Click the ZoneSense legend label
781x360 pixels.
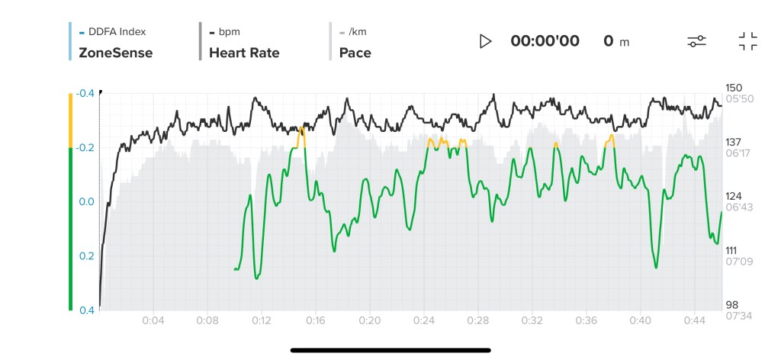(116, 53)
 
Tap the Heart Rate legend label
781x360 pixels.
(244, 53)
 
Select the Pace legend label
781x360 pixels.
(355, 53)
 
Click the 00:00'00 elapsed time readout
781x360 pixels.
(545, 41)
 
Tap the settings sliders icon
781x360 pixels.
(696, 41)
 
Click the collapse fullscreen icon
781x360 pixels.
(747, 41)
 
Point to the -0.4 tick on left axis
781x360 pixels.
(85, 93)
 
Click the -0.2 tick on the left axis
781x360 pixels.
(85, 147)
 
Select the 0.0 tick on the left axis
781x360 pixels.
(86, 201)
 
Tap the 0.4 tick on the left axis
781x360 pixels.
(86, 310)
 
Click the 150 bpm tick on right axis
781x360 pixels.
(734, 88)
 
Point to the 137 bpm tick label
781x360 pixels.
(734, 142)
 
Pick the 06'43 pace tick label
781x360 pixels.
(737, 207)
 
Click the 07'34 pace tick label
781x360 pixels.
(737, 316)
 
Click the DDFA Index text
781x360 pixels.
(117, 32)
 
